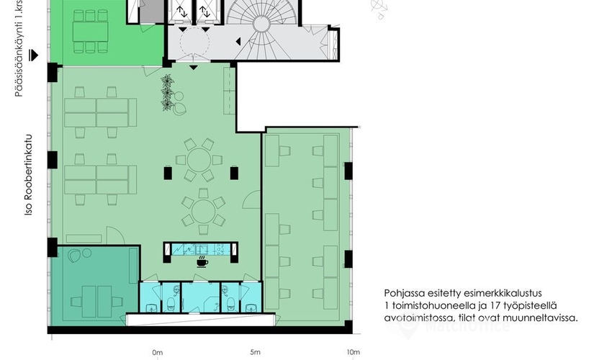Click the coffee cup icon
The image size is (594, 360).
[202, 261]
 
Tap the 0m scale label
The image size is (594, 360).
[157, 352]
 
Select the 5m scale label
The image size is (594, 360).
[255, 352]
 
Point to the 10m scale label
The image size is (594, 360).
[353, 352]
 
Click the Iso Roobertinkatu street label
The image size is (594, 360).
[28, 175]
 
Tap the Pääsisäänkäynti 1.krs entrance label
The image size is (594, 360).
[19, 48]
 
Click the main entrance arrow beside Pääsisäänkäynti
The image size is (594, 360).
[34, 55]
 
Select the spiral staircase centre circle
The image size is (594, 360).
[261, 24]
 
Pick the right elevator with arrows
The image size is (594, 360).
[206, 12]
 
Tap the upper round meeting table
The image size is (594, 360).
[199, 160]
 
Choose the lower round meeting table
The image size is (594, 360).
[204, 211]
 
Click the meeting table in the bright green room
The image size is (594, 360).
[90, 32]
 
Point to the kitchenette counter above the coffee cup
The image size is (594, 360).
[201, 249]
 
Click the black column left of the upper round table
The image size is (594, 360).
[168, 173]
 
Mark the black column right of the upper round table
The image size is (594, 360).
[234, 173]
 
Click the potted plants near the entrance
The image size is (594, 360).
[167, 93]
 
